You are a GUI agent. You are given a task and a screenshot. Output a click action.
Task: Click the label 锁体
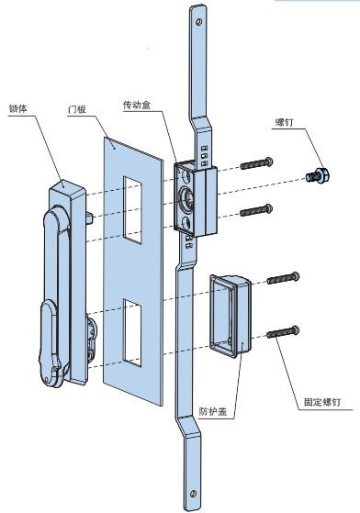click(x=18, y=109)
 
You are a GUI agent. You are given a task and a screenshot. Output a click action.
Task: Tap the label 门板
click(x=77, y=109)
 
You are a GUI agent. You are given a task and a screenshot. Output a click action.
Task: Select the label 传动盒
click(x=137, y=106)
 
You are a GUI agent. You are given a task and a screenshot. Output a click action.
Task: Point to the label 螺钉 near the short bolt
click(x=285, y=123)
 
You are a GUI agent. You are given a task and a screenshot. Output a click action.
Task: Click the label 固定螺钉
click(x=322, y=402)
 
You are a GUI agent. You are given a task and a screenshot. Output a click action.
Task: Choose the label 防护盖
click(x=213, y=411)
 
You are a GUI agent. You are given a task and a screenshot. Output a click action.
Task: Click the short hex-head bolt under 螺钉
click(x=318, y=175)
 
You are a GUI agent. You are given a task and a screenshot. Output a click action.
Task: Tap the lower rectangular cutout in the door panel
click(x=132, y=333)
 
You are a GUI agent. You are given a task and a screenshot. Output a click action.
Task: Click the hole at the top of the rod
click(x=198, y=22)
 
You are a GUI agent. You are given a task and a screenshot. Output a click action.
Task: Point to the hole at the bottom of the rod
click(x=194, y=494)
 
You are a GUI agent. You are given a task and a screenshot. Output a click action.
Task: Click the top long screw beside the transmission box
click(x=256, y=163)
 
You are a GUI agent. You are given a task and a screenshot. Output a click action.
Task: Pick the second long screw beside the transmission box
click(x=256, y=210)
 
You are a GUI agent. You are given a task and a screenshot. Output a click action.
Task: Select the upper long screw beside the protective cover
click(x=283, y=278)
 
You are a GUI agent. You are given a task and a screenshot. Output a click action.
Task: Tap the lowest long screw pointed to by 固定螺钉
click(x=283, y=331)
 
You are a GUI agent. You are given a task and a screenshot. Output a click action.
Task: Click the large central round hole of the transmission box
click(x=186, y=198)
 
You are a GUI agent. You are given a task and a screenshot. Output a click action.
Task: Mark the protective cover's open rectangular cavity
click(x=223, y=315)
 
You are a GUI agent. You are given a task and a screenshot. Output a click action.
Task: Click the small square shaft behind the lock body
click(x=90, y=217)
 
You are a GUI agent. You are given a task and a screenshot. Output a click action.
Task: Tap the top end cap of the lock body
click(x=68, y=187)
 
